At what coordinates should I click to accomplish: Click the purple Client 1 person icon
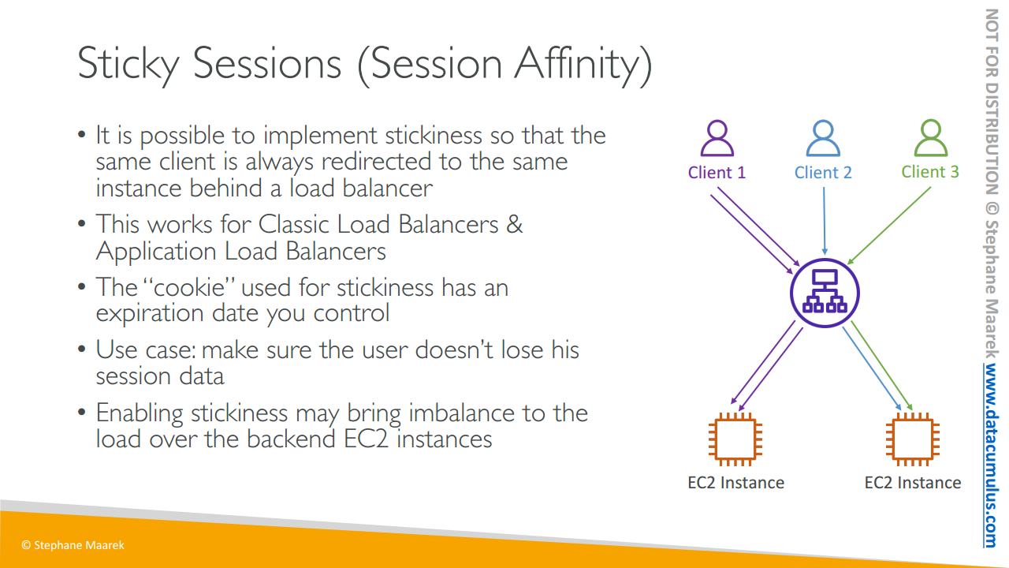tap(717, 138)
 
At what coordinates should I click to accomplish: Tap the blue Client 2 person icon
tap(823, 138)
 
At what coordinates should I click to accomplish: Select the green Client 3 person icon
tap(931, 138)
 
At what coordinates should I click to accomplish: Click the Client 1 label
tap(717, 172)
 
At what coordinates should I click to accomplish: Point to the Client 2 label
tap(823, 172)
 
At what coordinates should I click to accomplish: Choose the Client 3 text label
tap(930, 172)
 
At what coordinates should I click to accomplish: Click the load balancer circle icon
tap(825, 293)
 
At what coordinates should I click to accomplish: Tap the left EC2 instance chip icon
tap(735, 439)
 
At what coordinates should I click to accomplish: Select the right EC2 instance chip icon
tap(913, 439)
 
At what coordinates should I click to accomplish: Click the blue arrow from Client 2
tap(825, 221)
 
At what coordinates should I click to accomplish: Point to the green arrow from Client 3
tap(888, 226)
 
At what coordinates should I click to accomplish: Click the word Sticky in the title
tap(128, 65)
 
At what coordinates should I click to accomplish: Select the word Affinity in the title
tap(583, 65)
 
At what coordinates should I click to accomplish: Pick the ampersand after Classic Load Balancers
tap(514, 224)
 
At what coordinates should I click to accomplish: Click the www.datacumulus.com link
tap(991, 455)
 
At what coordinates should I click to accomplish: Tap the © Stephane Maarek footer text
tap(73, 545)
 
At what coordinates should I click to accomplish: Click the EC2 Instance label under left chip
tap(735, 483)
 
